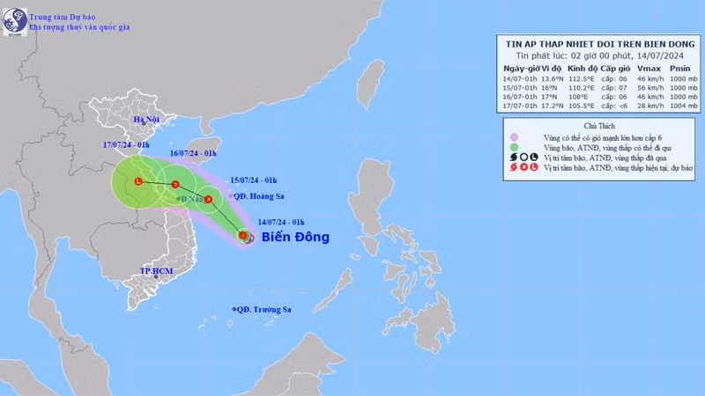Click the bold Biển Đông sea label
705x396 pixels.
point(295,237)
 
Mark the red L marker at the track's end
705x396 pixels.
point(138,181)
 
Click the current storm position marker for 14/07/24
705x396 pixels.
point(243,235)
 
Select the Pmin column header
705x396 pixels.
point(679,68)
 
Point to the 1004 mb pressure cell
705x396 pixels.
point(679,107)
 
